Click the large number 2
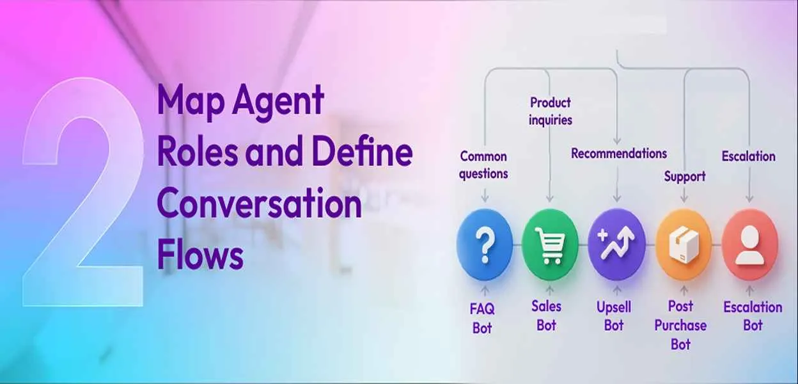point(83,192)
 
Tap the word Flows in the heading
point(200,255)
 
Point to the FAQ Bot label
point(482,318)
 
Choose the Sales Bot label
point(546,315)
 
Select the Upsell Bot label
point(614,316)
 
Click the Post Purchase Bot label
point(680,325)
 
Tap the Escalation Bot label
point(753,316)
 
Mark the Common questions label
point(483,164)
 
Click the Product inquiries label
point(550,111)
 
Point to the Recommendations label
point(618,154)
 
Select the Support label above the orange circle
point(684,176)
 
